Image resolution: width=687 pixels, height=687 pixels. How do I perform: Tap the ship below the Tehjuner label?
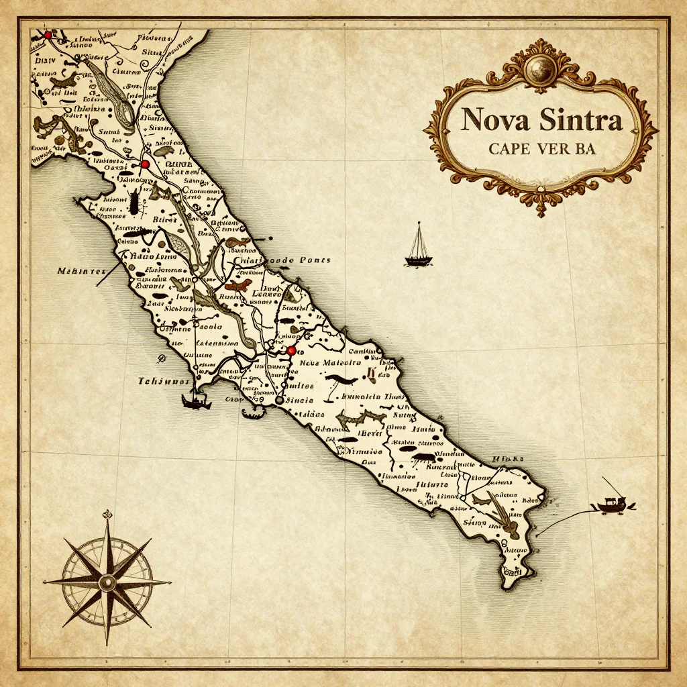click(x=195, y=401)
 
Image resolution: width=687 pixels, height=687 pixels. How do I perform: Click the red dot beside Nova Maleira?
click(x=291, y=351)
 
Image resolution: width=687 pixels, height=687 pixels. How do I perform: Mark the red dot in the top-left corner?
click(x=48, y=34)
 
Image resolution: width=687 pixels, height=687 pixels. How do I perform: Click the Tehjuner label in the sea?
click(x=164, y=381)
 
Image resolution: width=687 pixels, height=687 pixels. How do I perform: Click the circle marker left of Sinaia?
click(x=278, y=400)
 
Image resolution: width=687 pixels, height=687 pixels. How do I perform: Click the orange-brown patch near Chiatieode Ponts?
click(x=238, y=287)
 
